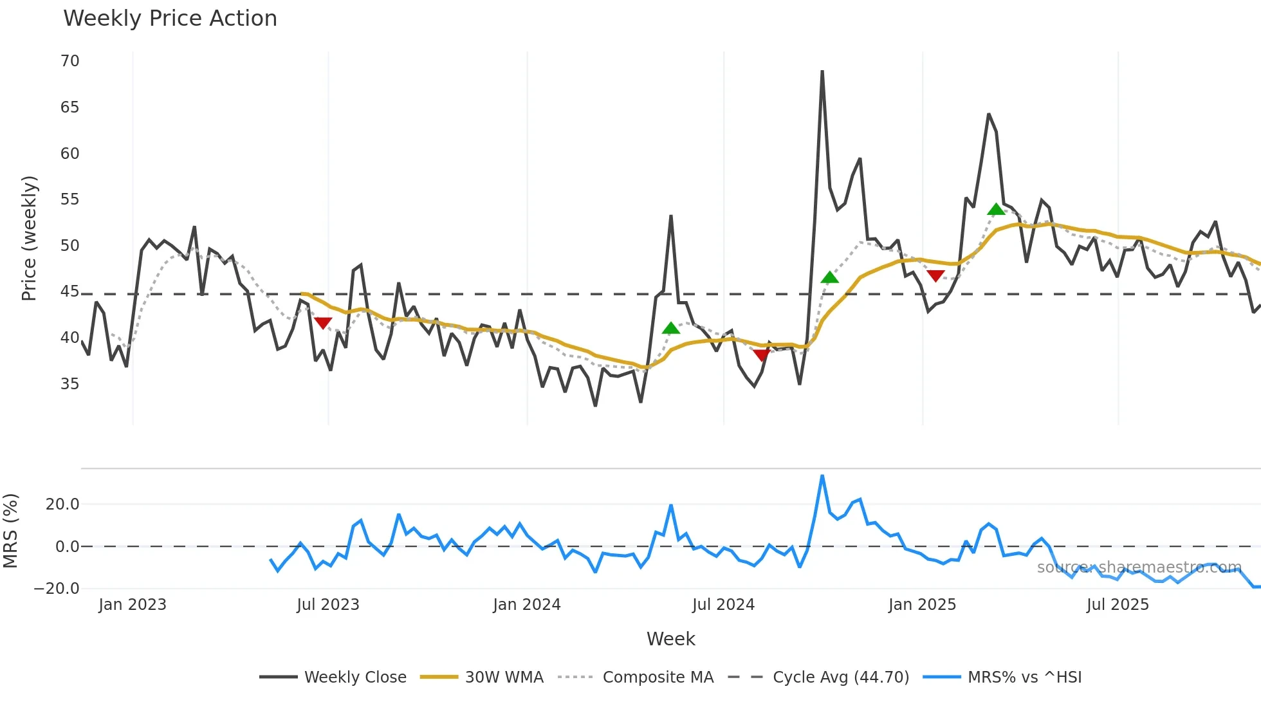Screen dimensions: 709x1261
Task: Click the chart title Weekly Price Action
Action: tap(170, 19)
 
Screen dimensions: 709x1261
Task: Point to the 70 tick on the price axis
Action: tap(69, 61)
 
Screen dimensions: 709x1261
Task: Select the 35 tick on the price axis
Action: tap(69, 384)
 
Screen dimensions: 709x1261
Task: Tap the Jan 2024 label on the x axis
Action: tap(526, 605)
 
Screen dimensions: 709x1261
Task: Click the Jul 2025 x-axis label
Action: tap(1117, 605)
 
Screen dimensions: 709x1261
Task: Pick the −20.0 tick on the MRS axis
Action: tap(57, 589)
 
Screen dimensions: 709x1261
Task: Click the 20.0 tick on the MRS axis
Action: tap(62, 504)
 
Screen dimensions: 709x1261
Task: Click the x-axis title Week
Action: tap(670, 639)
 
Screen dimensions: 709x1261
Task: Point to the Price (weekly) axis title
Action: tap(29, 238)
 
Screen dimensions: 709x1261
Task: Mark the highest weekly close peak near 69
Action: tap(822, 71)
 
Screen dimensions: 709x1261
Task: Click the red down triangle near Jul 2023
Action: tap(323, 323)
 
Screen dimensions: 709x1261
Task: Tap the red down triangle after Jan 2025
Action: tap(936, 276)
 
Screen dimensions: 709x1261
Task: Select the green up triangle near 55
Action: tap(996, 209)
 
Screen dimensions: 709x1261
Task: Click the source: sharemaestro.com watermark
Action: tap(1139, 567)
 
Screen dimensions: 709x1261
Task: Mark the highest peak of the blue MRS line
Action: tap(822, 476)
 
